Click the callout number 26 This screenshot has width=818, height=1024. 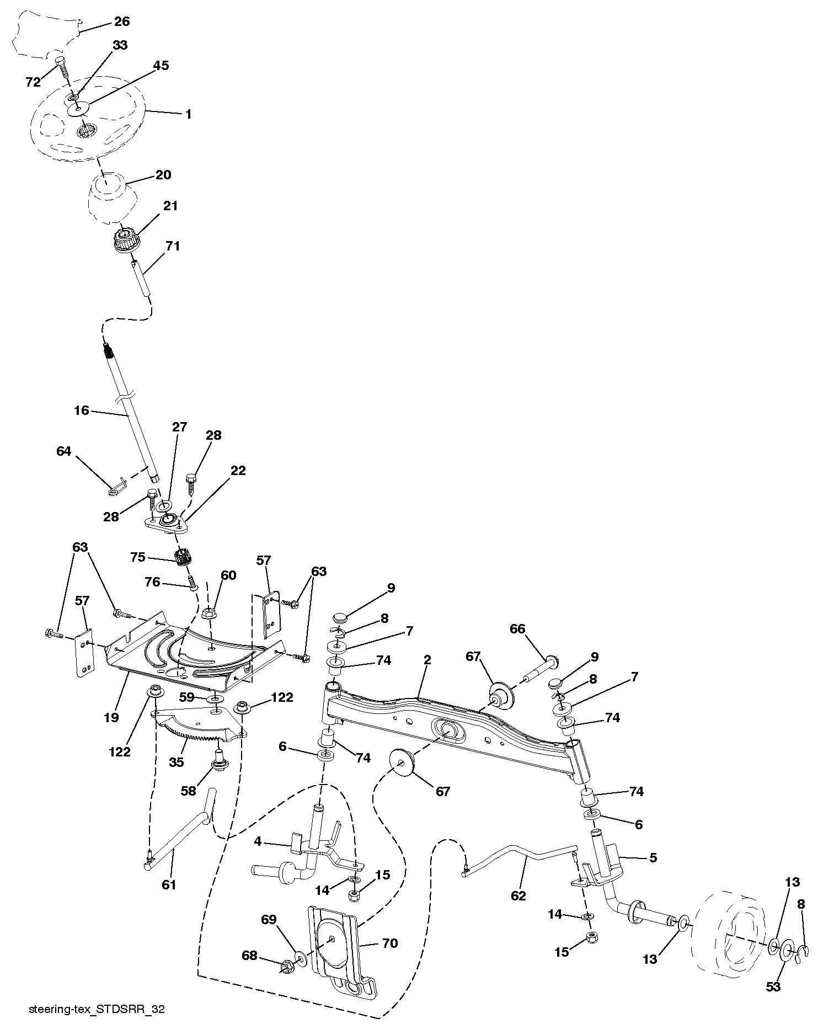(x=121, y=22)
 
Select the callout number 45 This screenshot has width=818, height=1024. (x=161, y=66)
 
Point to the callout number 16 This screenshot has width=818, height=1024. (x=82, y=410)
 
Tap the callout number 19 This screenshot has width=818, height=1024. (x=111, y=717)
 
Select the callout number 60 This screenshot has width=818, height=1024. (x=228, y=575)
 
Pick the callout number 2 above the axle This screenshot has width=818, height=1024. (x=427, y=659)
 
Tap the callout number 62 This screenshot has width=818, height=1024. (x=518, y=895)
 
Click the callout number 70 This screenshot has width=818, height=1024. (x=389, y=943)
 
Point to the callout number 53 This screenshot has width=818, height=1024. (x=773, y=986)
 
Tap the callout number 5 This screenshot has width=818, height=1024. (x=654, y=857)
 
